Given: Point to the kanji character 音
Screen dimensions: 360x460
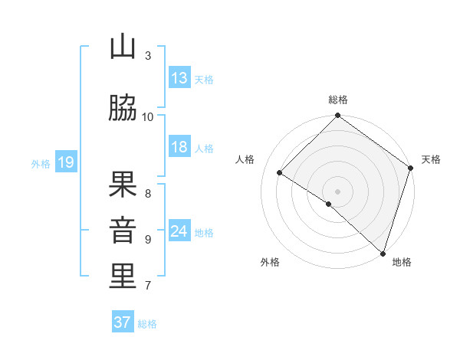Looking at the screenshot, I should point(123,231).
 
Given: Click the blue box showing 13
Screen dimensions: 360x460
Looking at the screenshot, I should point(179,78).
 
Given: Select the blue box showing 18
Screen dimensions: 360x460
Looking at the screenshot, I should point(179,147).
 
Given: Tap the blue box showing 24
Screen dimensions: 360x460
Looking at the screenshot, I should point(179,231).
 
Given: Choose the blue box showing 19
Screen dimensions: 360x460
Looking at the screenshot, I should point(65,162).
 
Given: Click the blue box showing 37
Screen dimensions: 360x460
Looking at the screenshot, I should point(123,322).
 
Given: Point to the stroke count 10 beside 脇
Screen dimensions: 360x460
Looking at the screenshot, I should point(148,116).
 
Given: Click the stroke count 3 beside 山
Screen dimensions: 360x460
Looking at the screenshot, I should point(148,55).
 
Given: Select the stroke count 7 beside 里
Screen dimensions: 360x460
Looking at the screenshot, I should point(148,286).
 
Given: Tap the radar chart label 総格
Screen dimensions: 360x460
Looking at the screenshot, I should point(338,100).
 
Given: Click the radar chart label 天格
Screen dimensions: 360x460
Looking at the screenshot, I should point(432,159).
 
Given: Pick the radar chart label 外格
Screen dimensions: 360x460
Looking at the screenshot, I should point(269,262).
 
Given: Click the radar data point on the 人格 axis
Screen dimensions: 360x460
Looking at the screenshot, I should point(280,173).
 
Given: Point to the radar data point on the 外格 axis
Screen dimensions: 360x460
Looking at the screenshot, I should point(329,204).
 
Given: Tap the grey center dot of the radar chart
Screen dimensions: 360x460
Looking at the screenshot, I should point(338,191).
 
